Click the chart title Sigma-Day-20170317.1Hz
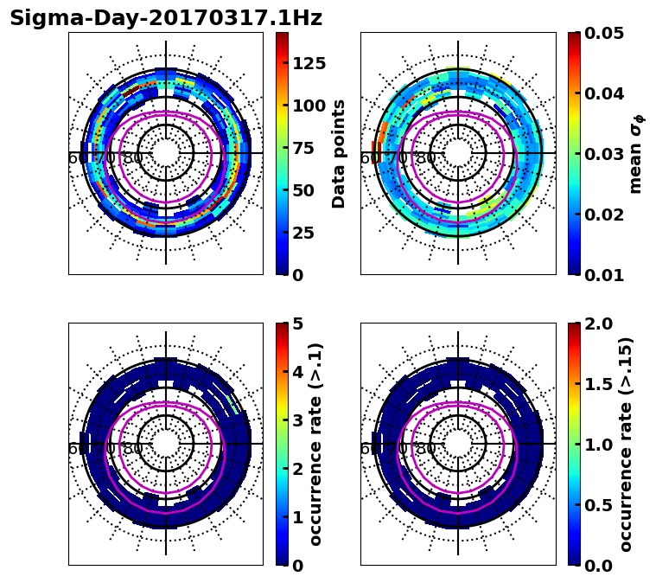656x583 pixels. click(165, 18)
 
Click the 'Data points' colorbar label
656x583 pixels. click(339, 153)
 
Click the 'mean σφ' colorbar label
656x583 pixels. click(635, 153)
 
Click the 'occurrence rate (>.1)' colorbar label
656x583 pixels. click(315, 444)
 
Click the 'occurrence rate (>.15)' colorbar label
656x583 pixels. click(626, 444)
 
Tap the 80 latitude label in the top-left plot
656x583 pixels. click(132, 158)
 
